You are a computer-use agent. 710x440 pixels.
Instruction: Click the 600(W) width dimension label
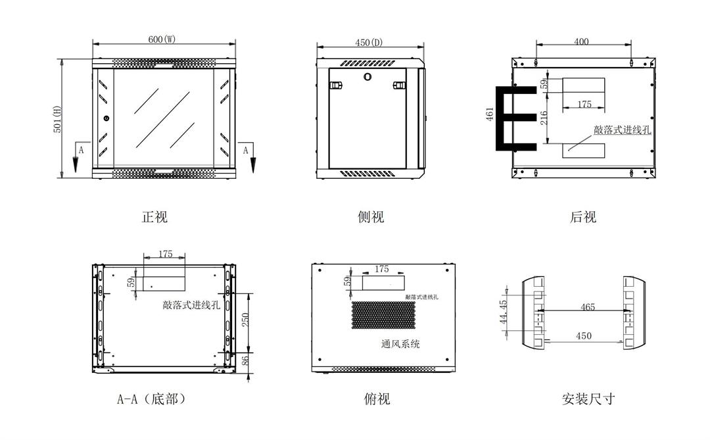coord(162,39)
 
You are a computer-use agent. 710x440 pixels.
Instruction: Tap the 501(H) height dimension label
coord(57,119)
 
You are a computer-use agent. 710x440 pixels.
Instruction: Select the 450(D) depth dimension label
coord(369,43)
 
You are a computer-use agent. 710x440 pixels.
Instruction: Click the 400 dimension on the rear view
coord(581,41)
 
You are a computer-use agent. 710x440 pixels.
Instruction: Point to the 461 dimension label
coord(490,114)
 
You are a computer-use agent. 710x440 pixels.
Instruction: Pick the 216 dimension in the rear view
coord(543,119)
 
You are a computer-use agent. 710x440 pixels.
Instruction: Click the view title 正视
coord(154,217)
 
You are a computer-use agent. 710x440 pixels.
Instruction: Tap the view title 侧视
coord(371,217)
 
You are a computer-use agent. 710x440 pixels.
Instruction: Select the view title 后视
coord(583,217)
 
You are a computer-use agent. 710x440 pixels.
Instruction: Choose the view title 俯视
coord(377,399)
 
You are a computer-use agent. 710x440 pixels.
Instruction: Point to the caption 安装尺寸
coord(588,399)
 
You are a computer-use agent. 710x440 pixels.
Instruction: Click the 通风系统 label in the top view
coord(400,343)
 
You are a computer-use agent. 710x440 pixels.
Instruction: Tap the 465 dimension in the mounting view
coord(588,306)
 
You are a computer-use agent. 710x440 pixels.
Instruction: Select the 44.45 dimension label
coord(504,311)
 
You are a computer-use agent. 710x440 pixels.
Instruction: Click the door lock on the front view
coord(106,118)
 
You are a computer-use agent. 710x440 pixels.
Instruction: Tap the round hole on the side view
coord(367,76)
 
